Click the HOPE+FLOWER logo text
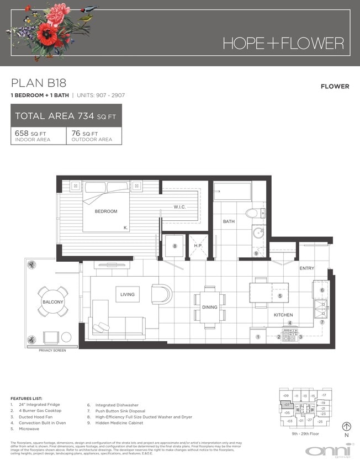click(x=283, y=43)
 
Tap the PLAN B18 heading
click(x=39, y=83)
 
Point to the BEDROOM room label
click(x=106, y=211)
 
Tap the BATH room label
click(x=229, y=221)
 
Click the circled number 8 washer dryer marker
click(x=174, y=246)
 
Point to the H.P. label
click(x=198, y=246)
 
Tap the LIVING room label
click(x=128, y=295)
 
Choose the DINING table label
click(x=209, y=306)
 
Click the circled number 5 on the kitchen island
click(x=280, y=296)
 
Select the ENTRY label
click(x=306, y=268)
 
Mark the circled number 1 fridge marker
click(x=258, y=337)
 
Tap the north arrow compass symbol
click(x=347, y=426)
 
